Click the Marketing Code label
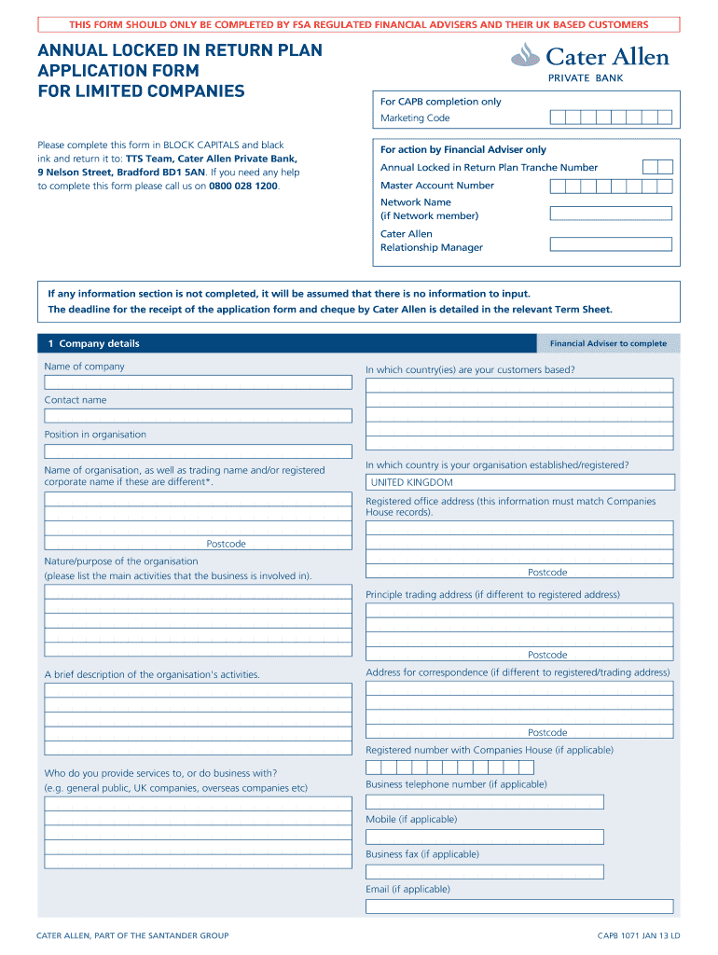click(415, 118)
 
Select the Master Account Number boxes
click(611, 186)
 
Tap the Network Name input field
click(611, 214)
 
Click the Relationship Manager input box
click(611, 244)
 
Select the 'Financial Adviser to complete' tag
click(608, 343)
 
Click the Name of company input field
click(198, 381)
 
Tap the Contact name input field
click(198, 416)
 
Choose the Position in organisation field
click(198, 450)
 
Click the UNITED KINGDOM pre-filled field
click(519, 482)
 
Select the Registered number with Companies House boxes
click(449, 768)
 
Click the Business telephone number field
click(484, 802)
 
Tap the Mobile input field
click(484, 837)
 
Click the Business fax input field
click(484, 871)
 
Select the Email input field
click(519, 907)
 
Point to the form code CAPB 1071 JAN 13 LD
click(639, 935)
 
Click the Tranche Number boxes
click(657, 168)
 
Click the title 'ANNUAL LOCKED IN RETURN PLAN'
click(180, 50)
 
